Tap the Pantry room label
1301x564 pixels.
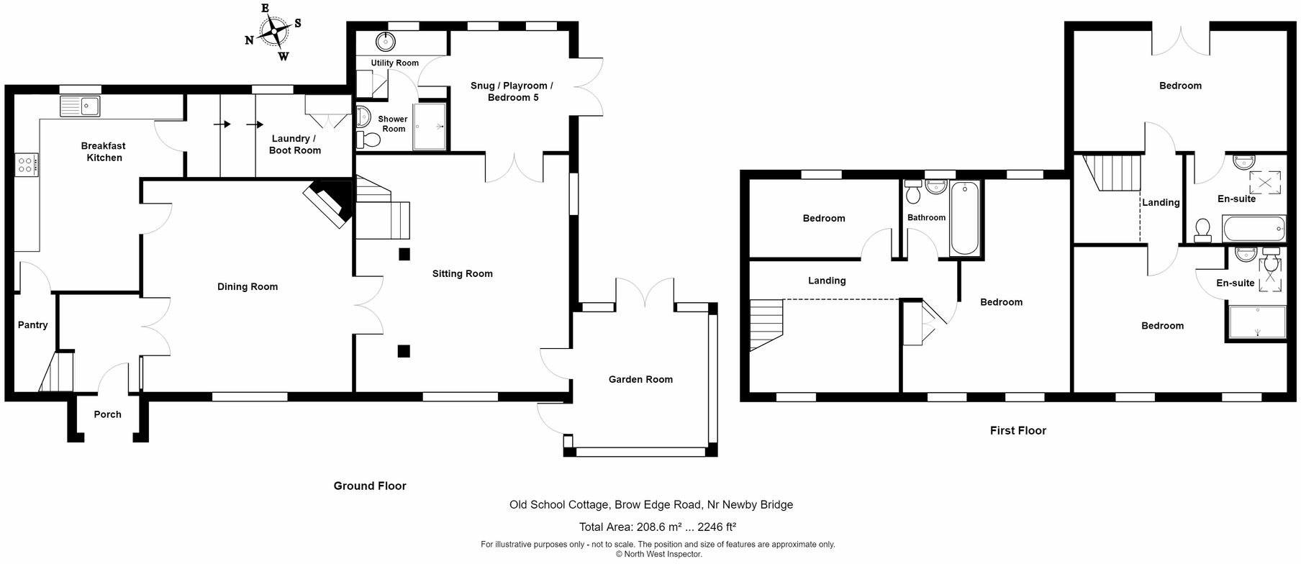(x=32, y=325)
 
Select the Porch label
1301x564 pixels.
(x=107, y=414)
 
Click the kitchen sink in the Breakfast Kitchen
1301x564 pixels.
(x=81, y=106)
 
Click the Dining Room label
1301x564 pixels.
(x=247, y=287)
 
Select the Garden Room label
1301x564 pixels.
(x=640, y=380)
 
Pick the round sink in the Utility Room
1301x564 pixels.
(x=386, y=40)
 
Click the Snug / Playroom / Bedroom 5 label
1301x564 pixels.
(x=512, y=91)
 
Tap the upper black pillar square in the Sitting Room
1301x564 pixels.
(x=404, y=254)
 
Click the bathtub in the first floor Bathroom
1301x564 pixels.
(x=964, y=219)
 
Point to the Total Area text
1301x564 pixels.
(x=657, y=527)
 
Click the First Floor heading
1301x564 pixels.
(x=1017, y=431)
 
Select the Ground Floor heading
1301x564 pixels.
(x=370, y=486)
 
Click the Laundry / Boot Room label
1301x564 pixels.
(x=294, y=145)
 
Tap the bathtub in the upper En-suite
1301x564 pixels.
(x=1253, y=229)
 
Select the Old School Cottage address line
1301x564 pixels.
(x=650, y=505)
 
